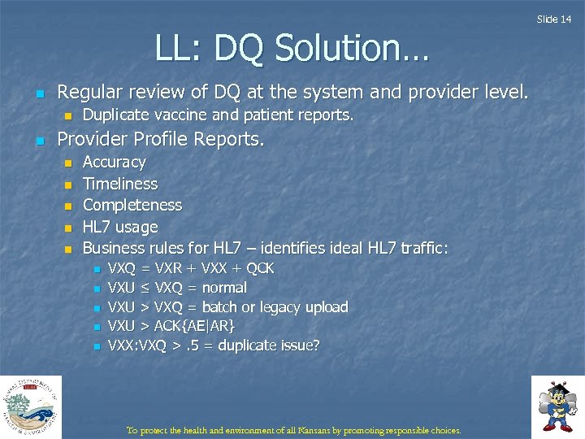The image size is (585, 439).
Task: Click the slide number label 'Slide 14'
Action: point(559,19)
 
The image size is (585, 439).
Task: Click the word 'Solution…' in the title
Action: point(351,50)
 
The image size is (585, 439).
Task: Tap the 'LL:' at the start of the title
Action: point(181,50)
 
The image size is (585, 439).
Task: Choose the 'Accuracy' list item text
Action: point(115,163)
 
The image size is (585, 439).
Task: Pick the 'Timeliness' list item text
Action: point(120,184)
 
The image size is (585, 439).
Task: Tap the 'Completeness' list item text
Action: point(132,205)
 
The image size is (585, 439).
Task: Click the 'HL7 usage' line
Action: point(120,227)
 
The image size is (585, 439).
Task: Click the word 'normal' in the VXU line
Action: point(224,288)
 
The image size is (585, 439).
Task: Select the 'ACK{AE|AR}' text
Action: point(194,326)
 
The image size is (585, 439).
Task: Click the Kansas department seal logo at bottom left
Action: point(30,406)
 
